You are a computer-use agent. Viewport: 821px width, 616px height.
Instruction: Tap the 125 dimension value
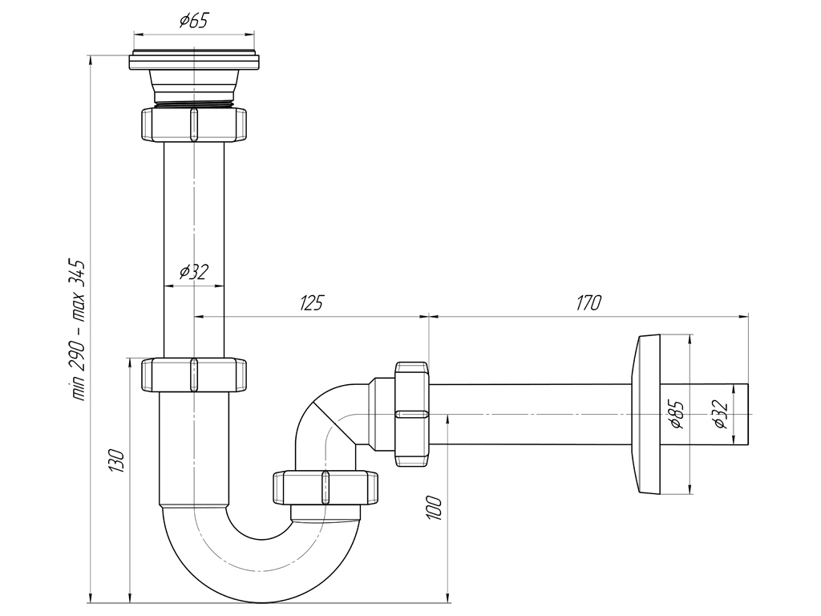pyautogui.click(x=311, y=302)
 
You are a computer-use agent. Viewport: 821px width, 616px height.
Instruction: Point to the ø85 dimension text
pyautogui.click(x=676, y=415)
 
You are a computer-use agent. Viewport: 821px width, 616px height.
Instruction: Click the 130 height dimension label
pyautogui.click(x=117, y=461)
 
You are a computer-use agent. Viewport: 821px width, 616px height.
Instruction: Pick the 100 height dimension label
pyautogui.click(x=434, y=508)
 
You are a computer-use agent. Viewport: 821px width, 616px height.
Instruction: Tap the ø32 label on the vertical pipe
pyautogui.click(x=193, y=272)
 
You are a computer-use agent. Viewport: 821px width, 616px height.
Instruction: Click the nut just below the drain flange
pyautogui.click(x=193, y=124)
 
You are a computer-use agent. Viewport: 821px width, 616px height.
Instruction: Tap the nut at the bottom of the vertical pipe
pyautogui.click(x=193, y=375)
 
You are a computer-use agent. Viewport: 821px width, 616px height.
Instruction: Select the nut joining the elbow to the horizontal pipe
pyautogui.click(x=412, y=413)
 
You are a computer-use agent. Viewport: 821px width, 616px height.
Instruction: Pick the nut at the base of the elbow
pyautogui.click(x=325, y=487)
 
